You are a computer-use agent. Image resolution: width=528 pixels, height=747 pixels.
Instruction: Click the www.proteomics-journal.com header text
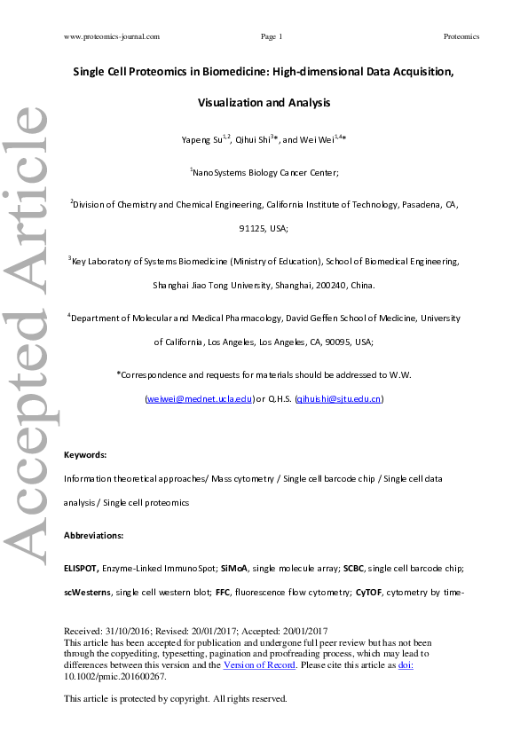coord(112,36)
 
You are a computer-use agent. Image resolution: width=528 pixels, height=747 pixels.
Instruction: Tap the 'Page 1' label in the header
coord(272,36)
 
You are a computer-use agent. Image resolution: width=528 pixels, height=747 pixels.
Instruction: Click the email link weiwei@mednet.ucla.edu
coord(200,399)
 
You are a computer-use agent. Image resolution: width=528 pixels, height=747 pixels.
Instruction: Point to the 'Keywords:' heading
coord(85,454)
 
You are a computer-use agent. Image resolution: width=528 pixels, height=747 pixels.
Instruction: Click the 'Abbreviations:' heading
coord(94,537)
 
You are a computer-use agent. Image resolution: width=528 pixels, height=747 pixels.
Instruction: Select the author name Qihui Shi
coord(256,140)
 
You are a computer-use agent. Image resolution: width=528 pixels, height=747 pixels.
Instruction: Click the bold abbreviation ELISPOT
coord(82,566)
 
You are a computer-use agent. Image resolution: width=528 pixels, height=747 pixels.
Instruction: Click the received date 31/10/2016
coord(130,629)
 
